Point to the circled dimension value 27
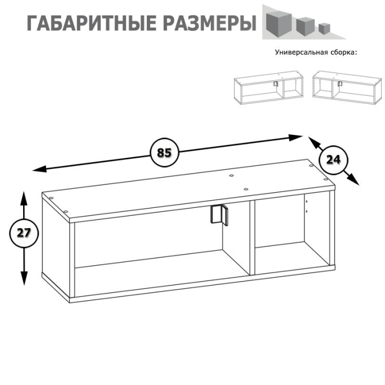(x=23, y=233)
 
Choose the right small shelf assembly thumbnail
(x=346, y=87)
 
